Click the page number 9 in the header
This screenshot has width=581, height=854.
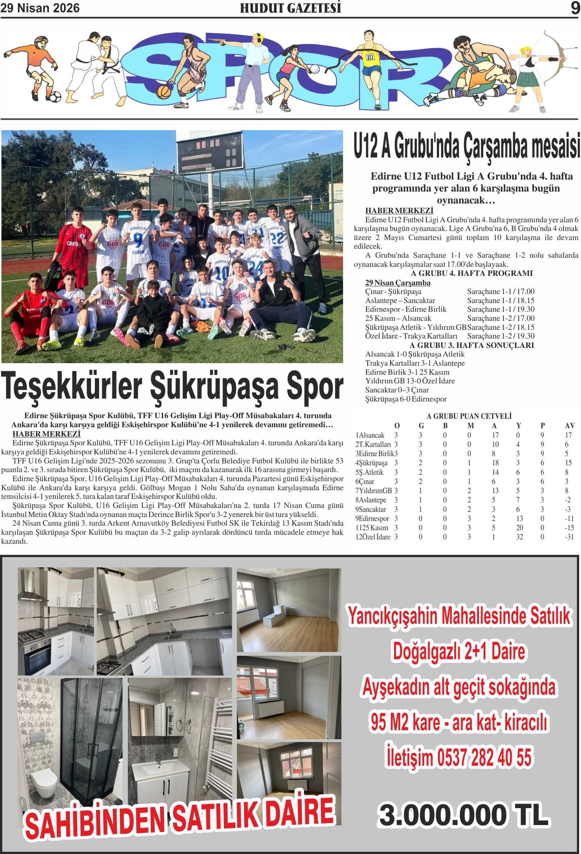pos(574,8)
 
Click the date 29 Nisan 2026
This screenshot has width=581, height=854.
pos(40,8)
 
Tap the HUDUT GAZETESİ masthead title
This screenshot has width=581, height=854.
pos(290,8)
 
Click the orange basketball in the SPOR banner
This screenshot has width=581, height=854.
pos(163,91)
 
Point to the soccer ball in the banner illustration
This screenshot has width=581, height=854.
pos(55,97)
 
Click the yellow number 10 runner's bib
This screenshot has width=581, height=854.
pos(370,57)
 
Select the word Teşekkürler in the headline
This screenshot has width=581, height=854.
pos(72,387)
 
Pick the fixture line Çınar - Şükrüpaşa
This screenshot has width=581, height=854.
pos(393,291)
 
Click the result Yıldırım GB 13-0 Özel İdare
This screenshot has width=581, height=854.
pos(410,381)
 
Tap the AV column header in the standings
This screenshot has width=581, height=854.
pos(569,425)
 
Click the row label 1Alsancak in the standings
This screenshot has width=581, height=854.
pos(370,435)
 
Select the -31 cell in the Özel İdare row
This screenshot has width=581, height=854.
pos(569,537)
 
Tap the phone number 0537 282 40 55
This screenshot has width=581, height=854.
pos(484,758)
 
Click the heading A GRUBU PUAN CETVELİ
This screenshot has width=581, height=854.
pos(469,416)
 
